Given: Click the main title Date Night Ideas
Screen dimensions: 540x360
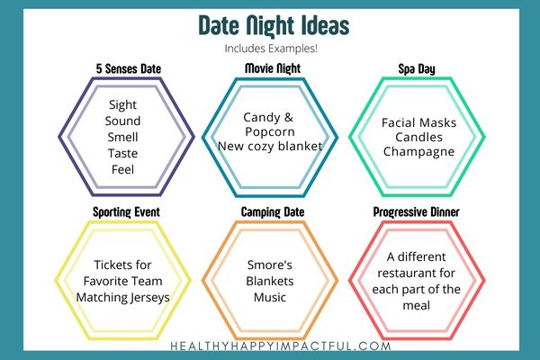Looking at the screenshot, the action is (274, 26).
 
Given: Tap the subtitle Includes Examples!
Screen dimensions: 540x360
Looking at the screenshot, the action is (271, 49).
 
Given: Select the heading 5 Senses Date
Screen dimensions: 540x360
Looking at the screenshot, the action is (129, 69).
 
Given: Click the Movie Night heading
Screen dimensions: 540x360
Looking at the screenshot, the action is (273, 68).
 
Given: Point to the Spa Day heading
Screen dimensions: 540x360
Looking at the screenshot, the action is (417, 69).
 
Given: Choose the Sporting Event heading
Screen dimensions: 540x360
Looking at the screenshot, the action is (126, 212).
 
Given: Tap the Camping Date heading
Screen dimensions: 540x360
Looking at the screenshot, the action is (273, 212).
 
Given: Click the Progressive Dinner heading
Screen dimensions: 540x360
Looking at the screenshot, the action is (417, 211).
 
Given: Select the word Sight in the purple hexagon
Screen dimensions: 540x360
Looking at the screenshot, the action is (122, 105).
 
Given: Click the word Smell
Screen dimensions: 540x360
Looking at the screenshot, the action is (122, 137).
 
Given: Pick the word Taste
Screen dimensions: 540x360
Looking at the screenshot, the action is (122, 153).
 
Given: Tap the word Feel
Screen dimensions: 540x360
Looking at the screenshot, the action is (122, 169).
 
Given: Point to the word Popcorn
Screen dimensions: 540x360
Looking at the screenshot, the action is (270, 132).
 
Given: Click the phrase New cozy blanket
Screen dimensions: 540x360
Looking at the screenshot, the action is (270, 147).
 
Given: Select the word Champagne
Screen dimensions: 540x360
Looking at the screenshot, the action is (418, 152).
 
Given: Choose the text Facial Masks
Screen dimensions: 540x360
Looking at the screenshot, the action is (418, 122).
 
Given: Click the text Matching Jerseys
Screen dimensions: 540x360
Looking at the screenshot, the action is (122, 298).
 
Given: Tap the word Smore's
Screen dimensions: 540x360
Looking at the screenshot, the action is (270, 265).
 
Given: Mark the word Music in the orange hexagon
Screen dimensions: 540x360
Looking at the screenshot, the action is (270, 297).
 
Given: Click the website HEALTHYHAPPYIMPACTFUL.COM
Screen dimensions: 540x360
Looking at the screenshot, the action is (281, 346).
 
